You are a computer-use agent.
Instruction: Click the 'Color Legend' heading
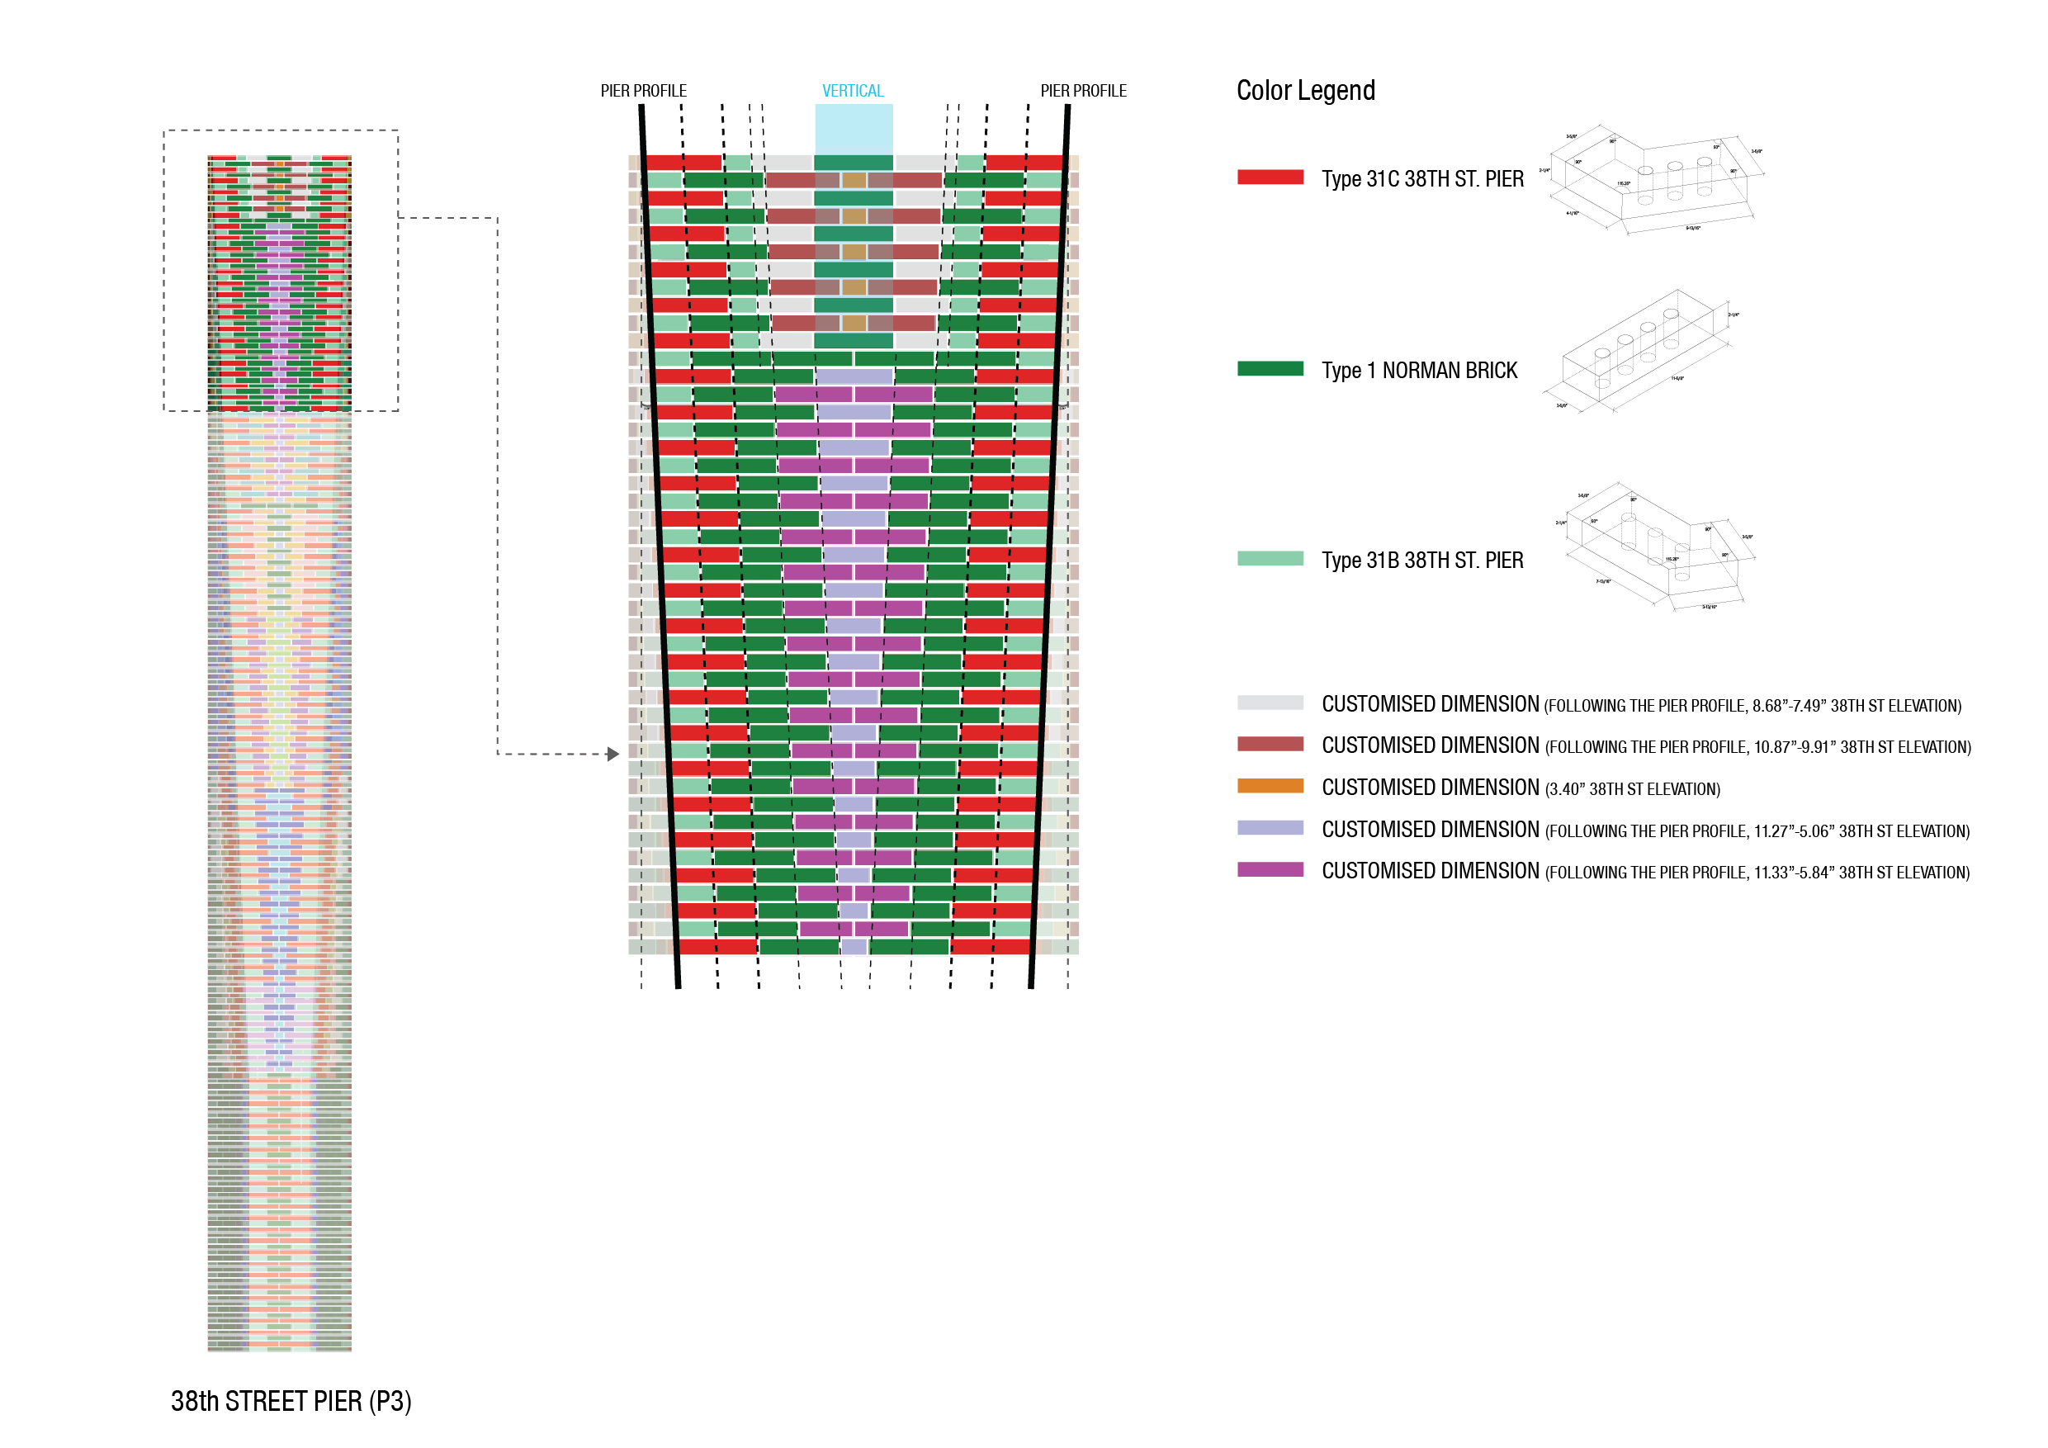(x=1305, y=90)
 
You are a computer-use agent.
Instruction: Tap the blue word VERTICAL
(x=852, y=91)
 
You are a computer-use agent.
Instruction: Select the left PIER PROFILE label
(x=643, y=91)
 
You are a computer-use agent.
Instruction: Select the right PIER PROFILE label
(x=1083, y=91)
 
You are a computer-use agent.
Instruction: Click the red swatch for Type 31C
(x=1270, y=177)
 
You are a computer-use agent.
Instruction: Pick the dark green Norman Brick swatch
(x=1270, y=368)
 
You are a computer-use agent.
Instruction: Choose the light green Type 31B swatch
(x=1270, y=559)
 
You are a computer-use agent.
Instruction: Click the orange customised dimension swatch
(x=1270, y=786)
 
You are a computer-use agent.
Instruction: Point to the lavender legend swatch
(x=1270, y=828)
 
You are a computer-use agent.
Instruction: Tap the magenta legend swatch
(x=1270, y=869)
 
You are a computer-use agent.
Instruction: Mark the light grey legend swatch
(x=1270, y=703)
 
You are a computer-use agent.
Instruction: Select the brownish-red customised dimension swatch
(x=1270, y=744)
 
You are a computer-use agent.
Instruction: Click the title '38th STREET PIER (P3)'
(x=291, y=1402)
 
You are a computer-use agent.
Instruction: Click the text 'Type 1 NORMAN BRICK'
(x=1418, y=370)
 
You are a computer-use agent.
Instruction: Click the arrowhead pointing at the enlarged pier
(x=613, y=754)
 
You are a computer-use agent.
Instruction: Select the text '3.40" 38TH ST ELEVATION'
(x=1631, y=789)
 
